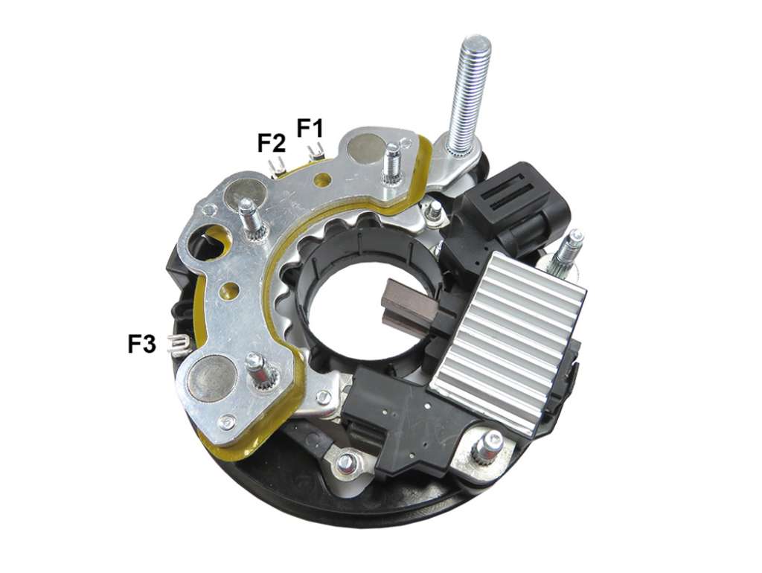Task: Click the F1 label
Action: (x=310, y=128)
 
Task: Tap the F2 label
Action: (x=271, y=143)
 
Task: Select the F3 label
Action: (x=142, y=344)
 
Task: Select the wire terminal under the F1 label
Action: (x=315, y=152)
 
